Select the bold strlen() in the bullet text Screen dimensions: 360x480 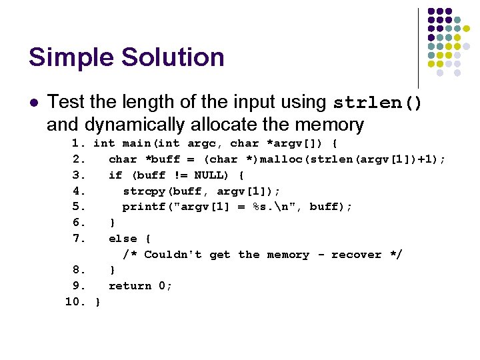click(x=377, y=103)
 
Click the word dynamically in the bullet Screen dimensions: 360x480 click(x=129, y=124)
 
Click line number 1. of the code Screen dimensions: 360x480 click(x=79, y=143)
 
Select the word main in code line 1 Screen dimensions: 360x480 click(x=133, y=143)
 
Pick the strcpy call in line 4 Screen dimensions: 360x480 click(x=143, y=191)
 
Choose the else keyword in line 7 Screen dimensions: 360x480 click(x=123, y=239)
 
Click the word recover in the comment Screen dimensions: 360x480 click(x=357, y=255)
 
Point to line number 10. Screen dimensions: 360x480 click(x=75, y=302)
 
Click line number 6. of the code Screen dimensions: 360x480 click(x=79, y=223)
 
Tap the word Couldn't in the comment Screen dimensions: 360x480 click(x=173, y=255)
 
